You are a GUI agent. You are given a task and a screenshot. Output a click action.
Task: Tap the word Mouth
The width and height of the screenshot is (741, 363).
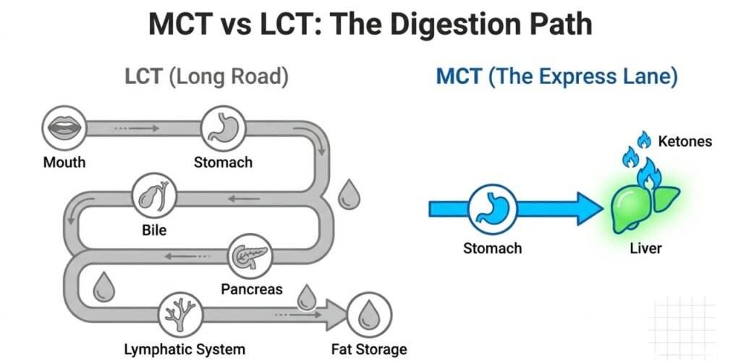[64, 162]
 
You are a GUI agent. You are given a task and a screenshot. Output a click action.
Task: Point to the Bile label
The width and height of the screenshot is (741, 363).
[154, 231]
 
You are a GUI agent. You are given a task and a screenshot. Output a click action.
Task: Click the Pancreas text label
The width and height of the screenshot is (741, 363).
[251, 289]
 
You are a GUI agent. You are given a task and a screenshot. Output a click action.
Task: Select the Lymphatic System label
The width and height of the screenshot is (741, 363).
[185, 349]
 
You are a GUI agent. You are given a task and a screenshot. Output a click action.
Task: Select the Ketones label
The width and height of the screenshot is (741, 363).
[685, 142]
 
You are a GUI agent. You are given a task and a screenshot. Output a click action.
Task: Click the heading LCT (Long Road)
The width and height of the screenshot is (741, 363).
[206, 77]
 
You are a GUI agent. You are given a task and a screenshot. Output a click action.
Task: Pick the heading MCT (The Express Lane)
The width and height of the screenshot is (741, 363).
[556, 77]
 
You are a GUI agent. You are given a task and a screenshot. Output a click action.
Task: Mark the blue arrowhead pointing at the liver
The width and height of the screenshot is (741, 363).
[590, 208]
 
